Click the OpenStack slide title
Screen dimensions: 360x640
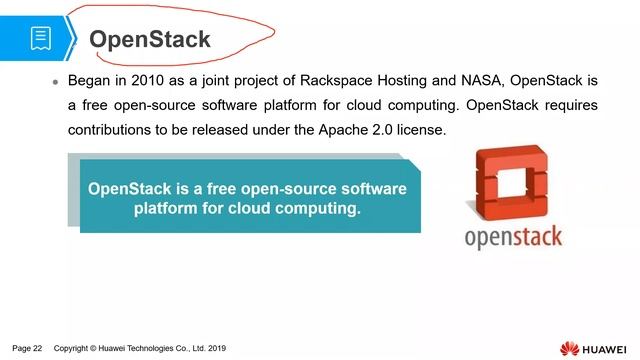[150, 39]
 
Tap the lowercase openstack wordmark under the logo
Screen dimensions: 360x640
[513, 237]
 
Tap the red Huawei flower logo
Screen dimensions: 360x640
[571, 347]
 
